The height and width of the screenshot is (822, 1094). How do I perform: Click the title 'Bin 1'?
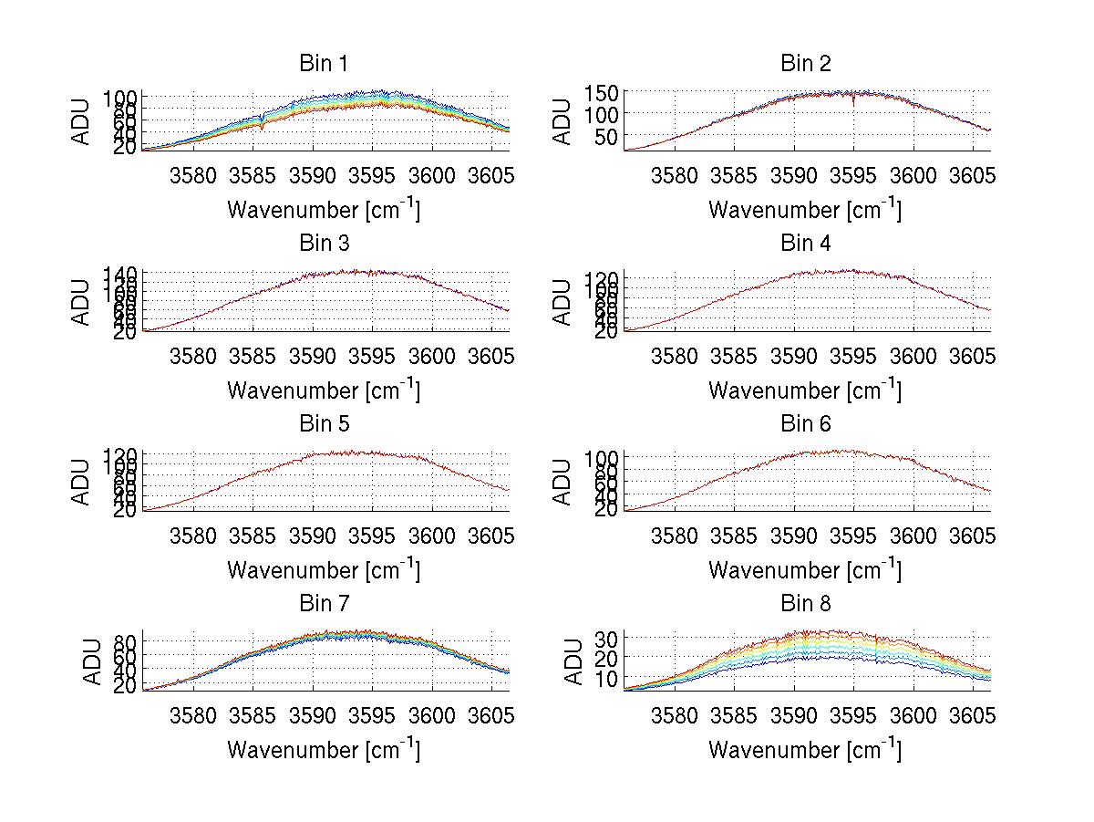click(323, 64)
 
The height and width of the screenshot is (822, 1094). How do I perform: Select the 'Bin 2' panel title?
click(805, 64)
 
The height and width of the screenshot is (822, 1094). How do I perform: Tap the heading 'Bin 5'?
click(323, 424)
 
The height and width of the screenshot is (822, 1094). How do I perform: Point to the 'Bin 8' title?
click(805, 604)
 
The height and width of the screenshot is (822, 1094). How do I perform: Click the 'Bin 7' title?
click(323, 604)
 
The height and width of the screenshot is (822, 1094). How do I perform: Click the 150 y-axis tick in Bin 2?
click(596, 93)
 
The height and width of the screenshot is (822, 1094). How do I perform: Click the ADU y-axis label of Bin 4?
click(563, 302)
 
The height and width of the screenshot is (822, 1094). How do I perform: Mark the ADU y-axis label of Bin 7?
click(82, 662)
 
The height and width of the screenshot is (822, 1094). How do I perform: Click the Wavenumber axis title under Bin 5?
click(323, 569)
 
